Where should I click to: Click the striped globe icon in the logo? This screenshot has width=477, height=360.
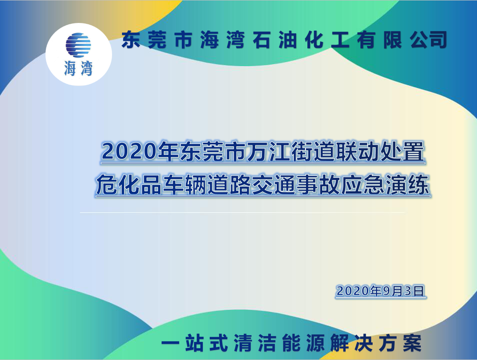78,45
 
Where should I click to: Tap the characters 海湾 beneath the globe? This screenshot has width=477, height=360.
78,68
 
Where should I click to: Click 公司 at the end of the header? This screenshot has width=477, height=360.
429,40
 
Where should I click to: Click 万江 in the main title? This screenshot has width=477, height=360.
268,151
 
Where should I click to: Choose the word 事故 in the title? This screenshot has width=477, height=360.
319,184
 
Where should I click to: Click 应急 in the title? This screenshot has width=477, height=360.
363,184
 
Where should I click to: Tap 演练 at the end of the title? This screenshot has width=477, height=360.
408,184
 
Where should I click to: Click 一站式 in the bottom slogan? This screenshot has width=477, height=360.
195,343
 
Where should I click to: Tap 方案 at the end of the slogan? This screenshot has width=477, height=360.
400,343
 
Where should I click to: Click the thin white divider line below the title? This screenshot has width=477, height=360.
243,212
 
